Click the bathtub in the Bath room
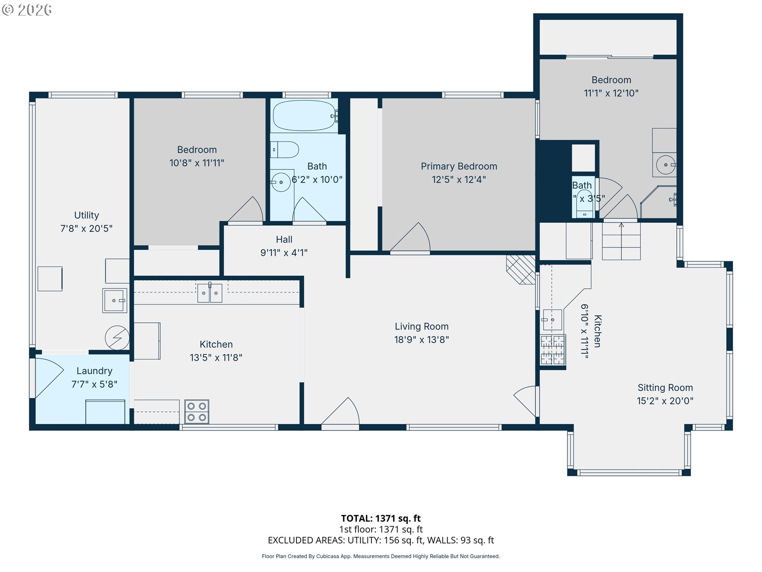pos(304,116)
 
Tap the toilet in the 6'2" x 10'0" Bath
pos(284,150)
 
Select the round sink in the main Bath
pos(281,182)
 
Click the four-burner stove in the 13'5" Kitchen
pos(197,412)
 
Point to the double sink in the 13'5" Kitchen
pos(210,293)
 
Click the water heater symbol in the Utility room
pos(117,338)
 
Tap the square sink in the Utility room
pos(115,301)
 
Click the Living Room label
pos(421,327)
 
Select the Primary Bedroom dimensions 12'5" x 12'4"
pos(459,180)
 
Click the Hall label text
pos(284,240)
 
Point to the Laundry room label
pos(94,371)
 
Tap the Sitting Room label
pos(665,388)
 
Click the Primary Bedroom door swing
pos(410,237)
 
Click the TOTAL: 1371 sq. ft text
pos(381,518)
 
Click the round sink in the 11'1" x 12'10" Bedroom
pos(666,165)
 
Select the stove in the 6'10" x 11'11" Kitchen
pos(552,350)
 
